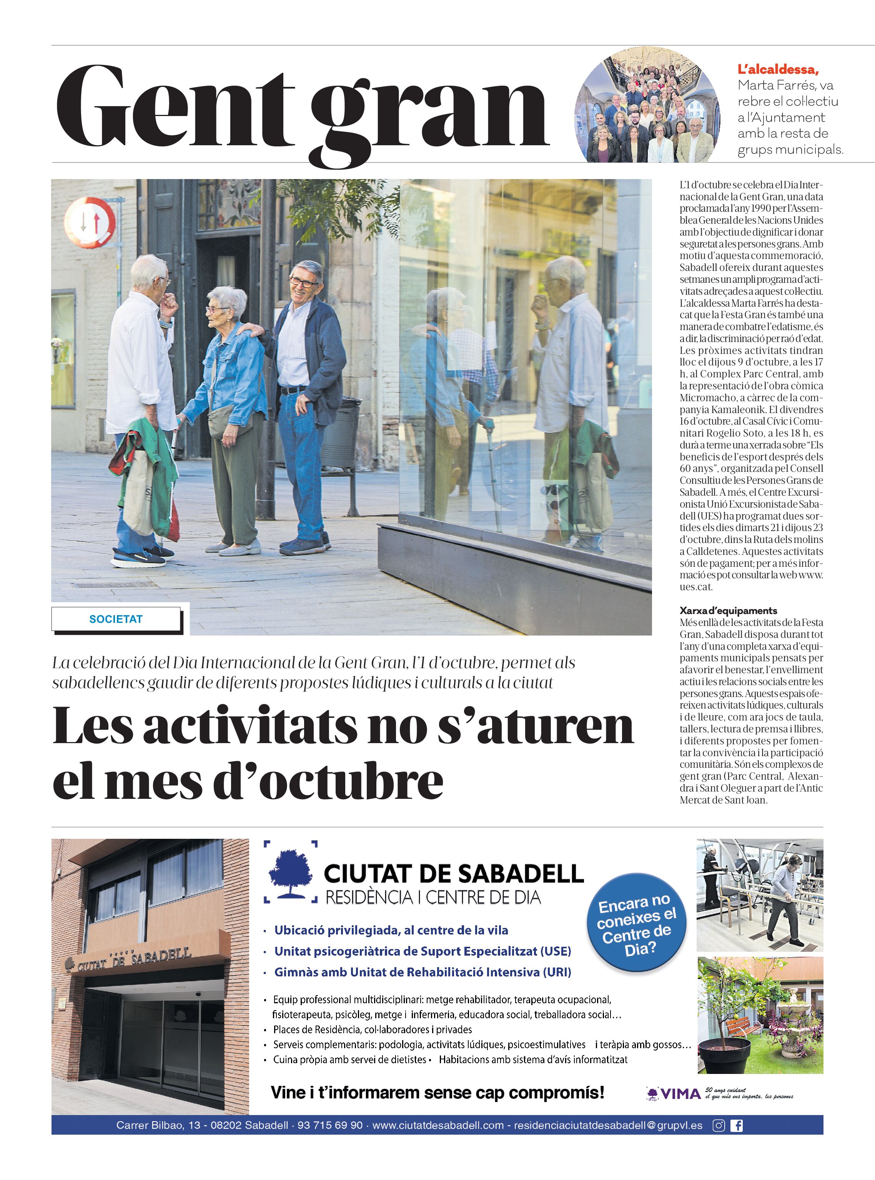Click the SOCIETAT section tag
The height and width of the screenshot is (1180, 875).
pos(116,619)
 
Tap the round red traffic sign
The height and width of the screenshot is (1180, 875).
pos(90,222)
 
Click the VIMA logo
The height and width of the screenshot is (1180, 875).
pos(674,1093)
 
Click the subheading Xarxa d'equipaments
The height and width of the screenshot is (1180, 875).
pos(728,611)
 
